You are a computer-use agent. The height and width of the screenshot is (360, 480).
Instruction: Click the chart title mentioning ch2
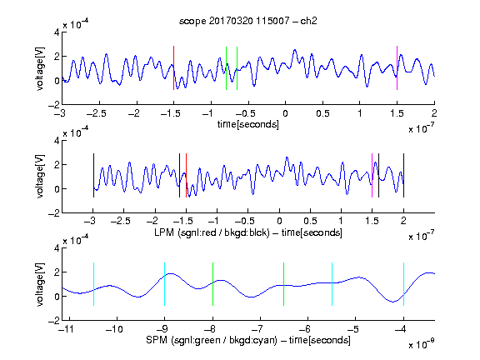click(x=248, y=21)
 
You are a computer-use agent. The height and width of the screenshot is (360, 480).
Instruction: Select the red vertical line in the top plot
click(x=173, y=68)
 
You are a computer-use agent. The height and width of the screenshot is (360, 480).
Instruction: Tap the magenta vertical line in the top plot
click(x=397, y=68)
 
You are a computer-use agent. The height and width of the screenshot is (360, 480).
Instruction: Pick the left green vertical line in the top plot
click(x=226, y=68)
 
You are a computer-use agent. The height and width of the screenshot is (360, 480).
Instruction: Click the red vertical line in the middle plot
click(x=186, y=175)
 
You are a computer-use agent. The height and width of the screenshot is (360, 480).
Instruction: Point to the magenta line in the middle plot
click(x=372, y=175)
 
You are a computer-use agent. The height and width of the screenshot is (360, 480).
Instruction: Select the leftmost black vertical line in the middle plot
click(x=93, y=175)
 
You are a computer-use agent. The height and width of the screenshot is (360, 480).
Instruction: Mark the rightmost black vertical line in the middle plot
click(x=404, y=175)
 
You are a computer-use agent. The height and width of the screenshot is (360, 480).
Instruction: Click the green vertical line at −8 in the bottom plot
click(x=212, y=284)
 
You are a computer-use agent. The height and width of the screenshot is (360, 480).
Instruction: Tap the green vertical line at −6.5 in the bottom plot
click(x=284, y=284)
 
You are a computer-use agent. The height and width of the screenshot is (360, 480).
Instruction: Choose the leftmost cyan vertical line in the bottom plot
click(x=93, y=284)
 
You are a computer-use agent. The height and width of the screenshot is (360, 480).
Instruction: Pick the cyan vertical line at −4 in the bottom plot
click(x=404, y=284)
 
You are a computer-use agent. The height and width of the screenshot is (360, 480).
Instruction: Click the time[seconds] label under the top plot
click(x=248, y=124)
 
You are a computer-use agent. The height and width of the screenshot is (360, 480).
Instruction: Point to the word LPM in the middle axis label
click(x=164, y=232)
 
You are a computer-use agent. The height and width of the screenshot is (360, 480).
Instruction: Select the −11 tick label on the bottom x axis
click(x=67, y=329)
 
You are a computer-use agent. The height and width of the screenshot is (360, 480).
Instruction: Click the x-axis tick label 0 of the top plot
click(x=285, y=113)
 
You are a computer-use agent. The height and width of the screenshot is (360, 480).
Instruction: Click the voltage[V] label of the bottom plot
click(x=40, y=284)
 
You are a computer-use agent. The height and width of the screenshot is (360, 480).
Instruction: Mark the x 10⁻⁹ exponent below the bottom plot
click(x=422, y=344)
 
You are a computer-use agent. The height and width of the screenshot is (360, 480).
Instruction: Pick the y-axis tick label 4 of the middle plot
click(x=57, y=141)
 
